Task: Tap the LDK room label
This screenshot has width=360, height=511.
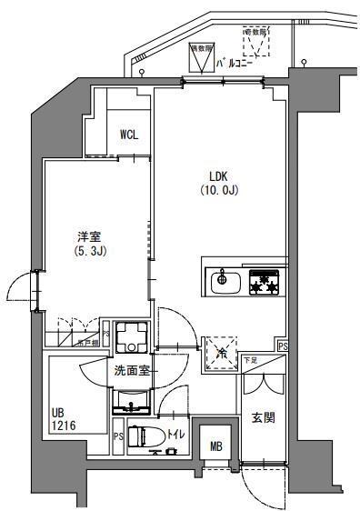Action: pos(218,177)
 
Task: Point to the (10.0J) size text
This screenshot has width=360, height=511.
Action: pos(218,191)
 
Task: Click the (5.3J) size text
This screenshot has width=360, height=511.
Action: pos(91,249)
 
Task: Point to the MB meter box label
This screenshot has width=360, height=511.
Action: pos(215,446)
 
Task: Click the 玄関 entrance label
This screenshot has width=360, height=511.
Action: pos(264,419)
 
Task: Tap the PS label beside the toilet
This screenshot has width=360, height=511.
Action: pos(118,437)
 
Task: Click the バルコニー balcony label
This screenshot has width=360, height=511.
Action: pos(235,65)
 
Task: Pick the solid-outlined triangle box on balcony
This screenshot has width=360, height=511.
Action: pos(198,58)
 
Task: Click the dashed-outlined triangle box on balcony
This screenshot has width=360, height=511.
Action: pos(258,41)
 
